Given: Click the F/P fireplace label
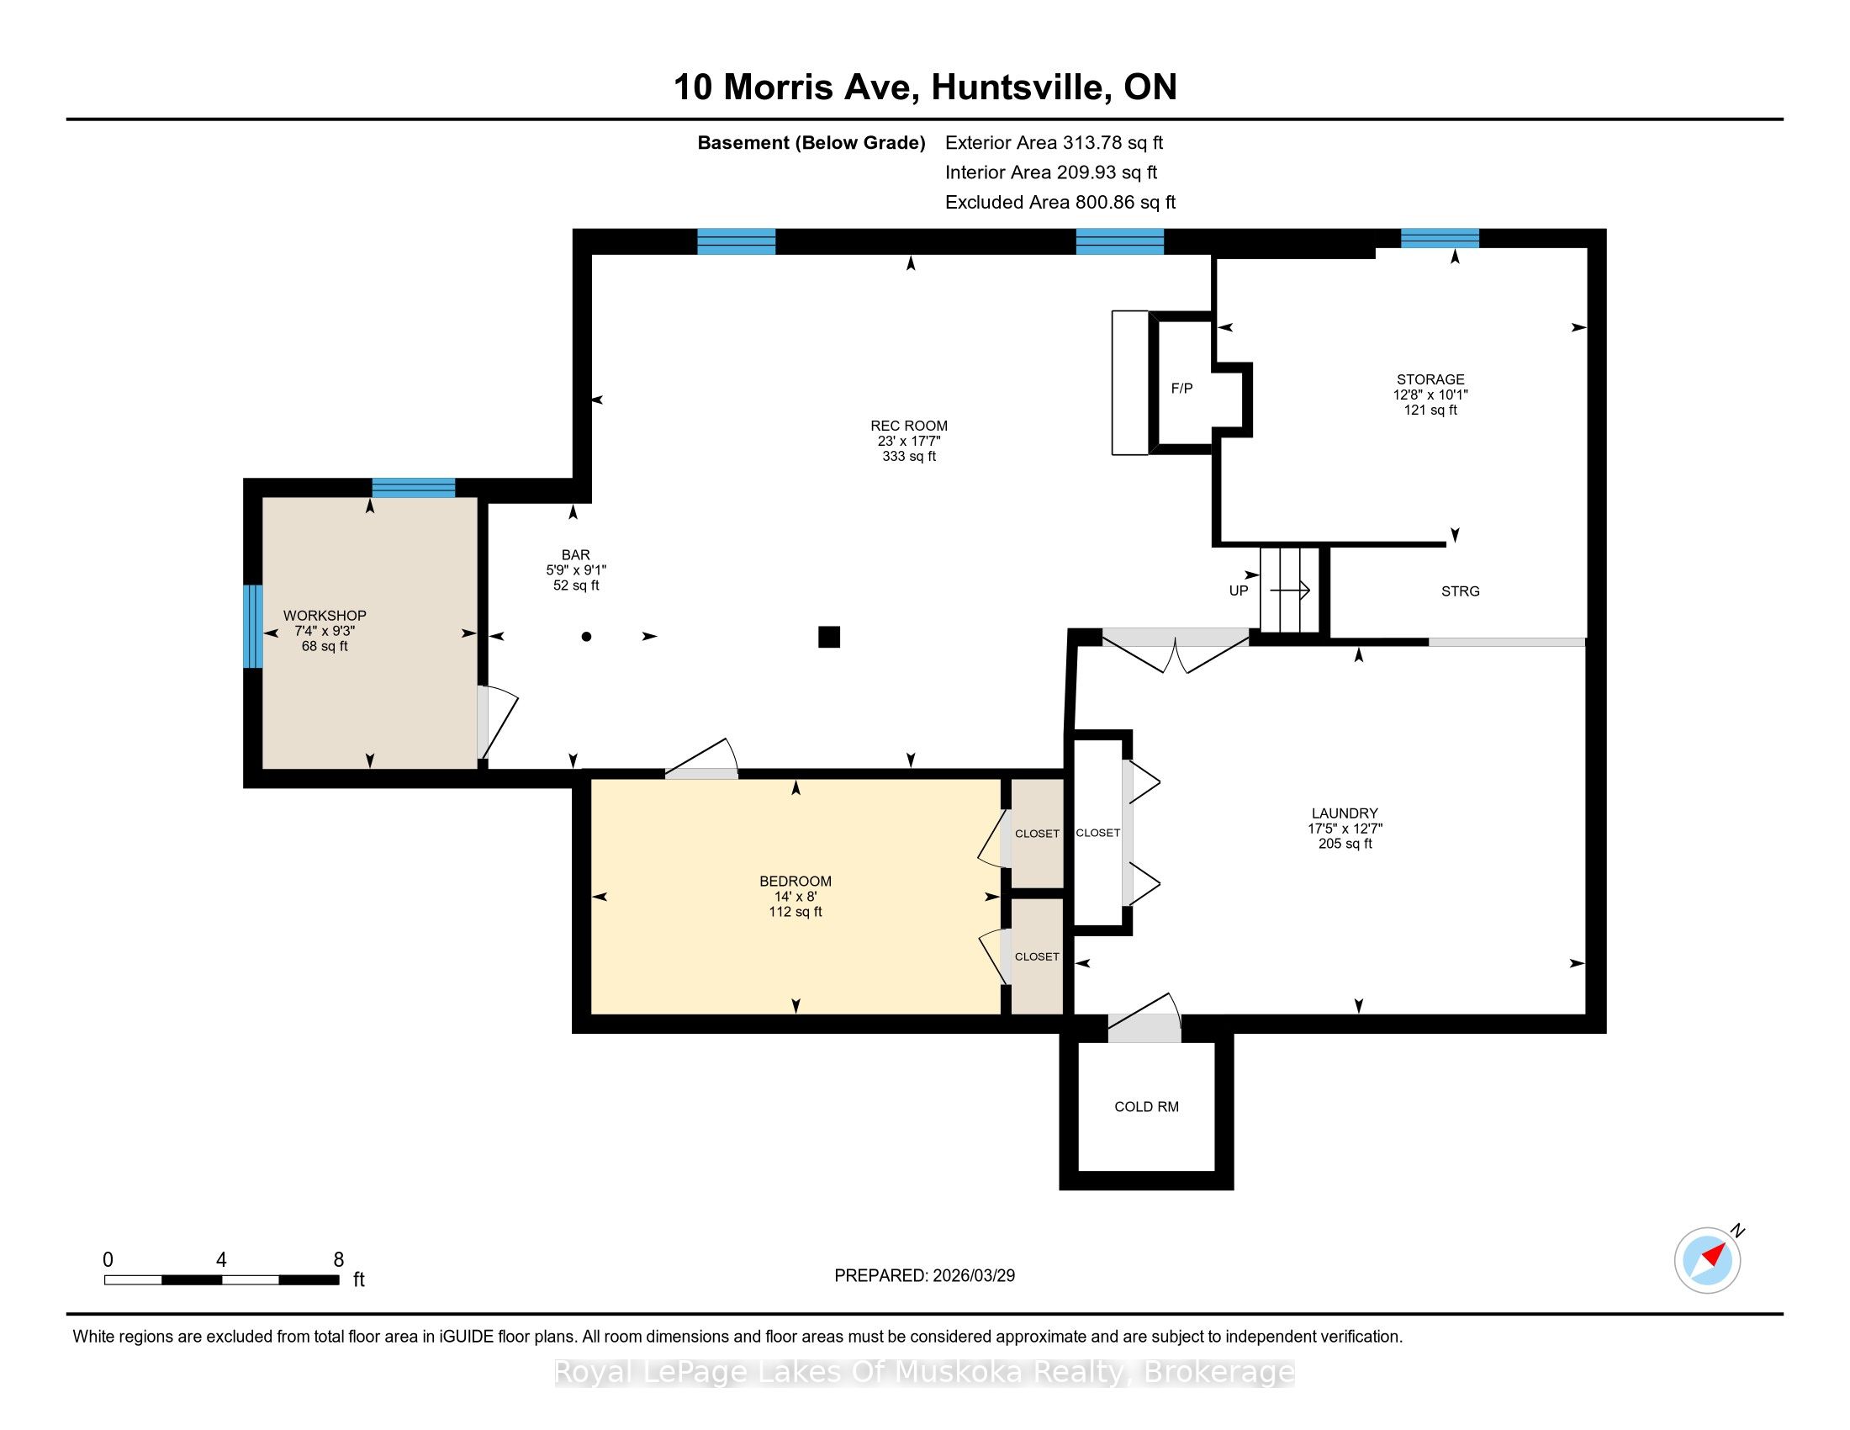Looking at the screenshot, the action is point(1181,389).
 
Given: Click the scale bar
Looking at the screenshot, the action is point(222,1279).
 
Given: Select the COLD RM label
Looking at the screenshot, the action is point(1146,1106).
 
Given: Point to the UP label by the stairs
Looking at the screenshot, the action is point(1239,591).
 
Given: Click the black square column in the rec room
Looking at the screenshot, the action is point(828,636).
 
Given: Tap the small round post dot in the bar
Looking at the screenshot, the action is point(586,636).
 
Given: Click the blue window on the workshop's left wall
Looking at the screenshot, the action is point(252,626).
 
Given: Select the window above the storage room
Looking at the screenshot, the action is point(1440,238).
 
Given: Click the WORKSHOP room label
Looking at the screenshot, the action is point(325,615).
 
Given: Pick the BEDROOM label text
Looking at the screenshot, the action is point(795,881).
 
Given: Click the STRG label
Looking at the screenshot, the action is point(1461,591).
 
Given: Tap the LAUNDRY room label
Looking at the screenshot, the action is point(1345,813).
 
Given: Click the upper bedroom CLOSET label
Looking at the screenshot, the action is point(1037,834).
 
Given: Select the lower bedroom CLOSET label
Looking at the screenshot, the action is point(1037,956).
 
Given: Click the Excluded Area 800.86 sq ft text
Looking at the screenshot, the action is point(1060,202).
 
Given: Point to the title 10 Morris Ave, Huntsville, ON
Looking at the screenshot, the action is point(925,87).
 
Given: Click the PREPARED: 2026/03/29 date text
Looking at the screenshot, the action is point(924,1275).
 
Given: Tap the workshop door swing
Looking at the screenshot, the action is point(497,721).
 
